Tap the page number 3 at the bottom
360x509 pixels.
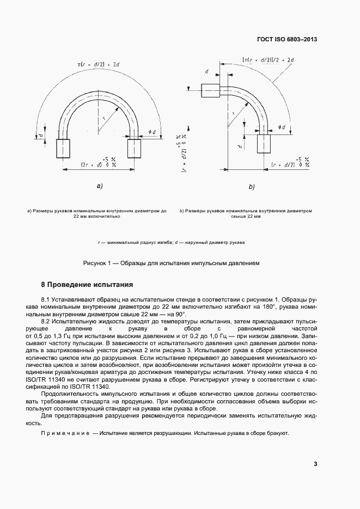coord(315,464)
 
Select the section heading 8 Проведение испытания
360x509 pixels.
coord(87,285)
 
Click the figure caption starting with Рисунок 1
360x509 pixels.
coord(171,263)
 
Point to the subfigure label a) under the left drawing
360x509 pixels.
coord(100,186)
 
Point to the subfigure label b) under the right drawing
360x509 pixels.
coord(252,187)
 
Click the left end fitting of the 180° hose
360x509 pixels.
coord(63,148)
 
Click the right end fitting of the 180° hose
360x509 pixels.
coord(134,148)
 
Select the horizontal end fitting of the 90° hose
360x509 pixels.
coord(210,90)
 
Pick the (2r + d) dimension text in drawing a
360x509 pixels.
coord(91,163)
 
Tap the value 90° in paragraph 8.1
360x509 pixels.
coord(180,314)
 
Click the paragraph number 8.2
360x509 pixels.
coord(47,322)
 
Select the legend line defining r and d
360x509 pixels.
coord(171,242)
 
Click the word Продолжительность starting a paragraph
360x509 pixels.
coord(70,393)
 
